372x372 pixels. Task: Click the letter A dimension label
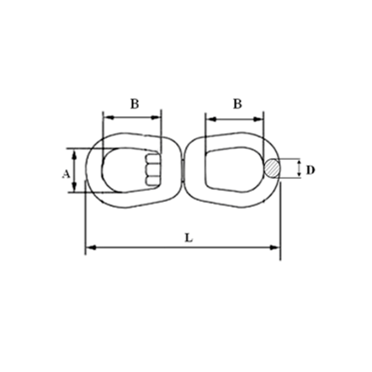point(66,174)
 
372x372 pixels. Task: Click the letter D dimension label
point(310,170)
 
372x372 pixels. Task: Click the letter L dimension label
point(188,238)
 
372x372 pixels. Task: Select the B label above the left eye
point(134,104)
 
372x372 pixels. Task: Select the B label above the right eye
point(238,104)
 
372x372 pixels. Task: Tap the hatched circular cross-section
point(272,168)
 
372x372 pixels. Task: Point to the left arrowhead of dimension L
point(90,248)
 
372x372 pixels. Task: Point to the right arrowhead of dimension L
point(275,248)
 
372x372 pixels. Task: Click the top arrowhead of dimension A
point(74,155)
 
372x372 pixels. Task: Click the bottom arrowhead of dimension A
point(74,187)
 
